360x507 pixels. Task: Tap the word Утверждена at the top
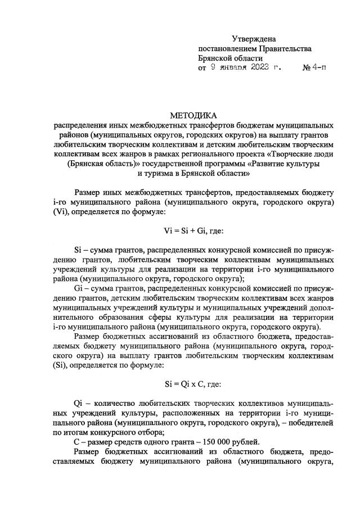click(x=254, y=39)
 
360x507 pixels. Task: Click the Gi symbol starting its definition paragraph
click(x=79, y=288)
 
